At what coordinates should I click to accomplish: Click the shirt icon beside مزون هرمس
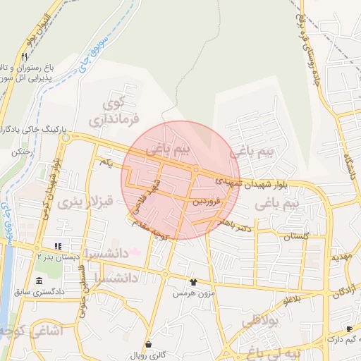pyautogui.click(x=194, y=282)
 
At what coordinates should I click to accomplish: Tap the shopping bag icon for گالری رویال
pyautogui.click(x=148, y=344)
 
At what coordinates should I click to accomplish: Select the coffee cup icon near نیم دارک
pyautogui.click(x=348, y=329)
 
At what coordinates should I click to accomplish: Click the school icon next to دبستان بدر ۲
pyautogui.click(x=58, y=247)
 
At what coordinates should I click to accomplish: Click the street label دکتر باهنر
pyautogui.click(x=235, y=224)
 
